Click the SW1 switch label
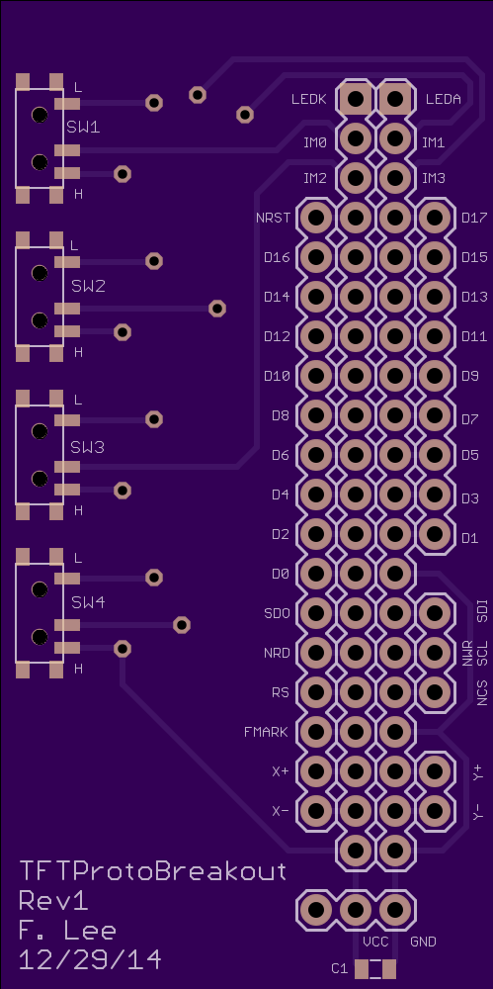pyautogui.click(x=83, y=128)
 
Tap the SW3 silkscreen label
pyautogui.click(x=88, y=448)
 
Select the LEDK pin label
pyautogui.click(x=309, y=100)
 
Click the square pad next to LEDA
pyautogui.click(x=396, y=98)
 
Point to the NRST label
pyautogui.click(x=274, y=219)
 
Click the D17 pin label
pyautogui.click(x=474, y=219)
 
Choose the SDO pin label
pyautogui.click(x=278, y=613)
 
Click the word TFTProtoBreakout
pyautogui.click(x=153, y=871)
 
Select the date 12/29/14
pyautogui.click(x=90, y=960)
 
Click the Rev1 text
pyautogui.click(x=53, y=901)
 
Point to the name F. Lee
pyautogui.click(x=67, y=931)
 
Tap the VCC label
pyautogui.click(x=375, y=942)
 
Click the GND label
pyautogui.click(x=423, y=942)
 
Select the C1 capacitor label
pyautogui.click(x=340, y=968)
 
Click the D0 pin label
pyautogui.click(x=281, y=574)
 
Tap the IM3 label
pyautogui.click(x=434, y=178)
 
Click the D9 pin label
pyautogui.click(x=469, y=377)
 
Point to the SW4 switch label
pyautogui.click(x=88, y=602)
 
